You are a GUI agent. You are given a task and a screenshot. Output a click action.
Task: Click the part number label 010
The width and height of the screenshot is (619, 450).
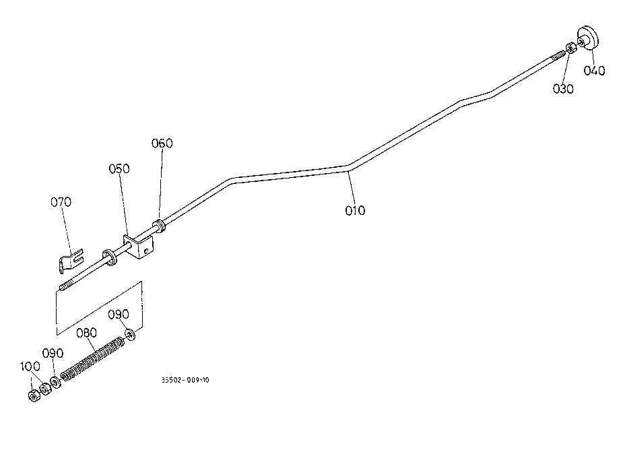click(x=355, y=210)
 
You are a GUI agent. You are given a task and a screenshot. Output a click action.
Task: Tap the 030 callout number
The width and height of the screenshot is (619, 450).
click(x=563, y=89)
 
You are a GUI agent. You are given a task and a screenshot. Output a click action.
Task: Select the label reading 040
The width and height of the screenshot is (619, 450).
click(x=595, y=71)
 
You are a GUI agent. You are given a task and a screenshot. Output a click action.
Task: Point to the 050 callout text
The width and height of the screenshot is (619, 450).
click(x=119, y=168)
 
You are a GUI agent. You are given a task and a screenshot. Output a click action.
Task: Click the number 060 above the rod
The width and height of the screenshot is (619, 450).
click(x=162, y=143)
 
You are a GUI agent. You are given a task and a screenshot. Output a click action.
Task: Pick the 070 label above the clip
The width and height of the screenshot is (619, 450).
click(x=61, y=201)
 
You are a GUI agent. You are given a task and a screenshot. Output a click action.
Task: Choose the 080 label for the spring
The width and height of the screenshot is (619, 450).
click(x=86, y=332)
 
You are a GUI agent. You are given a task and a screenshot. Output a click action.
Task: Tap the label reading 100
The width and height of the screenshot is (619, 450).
click(x=30, y=366)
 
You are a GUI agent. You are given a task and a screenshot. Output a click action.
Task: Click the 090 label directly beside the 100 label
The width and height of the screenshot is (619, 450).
click(x=53, y=353)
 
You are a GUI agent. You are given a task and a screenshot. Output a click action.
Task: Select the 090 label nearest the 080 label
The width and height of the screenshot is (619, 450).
click(x=119, y=314)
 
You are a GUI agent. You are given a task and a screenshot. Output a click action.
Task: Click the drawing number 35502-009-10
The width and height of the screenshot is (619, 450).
click(x=185, y=380)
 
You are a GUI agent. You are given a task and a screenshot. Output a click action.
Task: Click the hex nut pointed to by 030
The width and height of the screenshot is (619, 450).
click(x=569, y=48)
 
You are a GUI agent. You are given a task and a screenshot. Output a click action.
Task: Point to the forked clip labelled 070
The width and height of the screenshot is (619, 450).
click(x=69, y=259)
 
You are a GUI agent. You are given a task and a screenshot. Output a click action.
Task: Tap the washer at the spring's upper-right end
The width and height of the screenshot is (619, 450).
click(x=130, y=333)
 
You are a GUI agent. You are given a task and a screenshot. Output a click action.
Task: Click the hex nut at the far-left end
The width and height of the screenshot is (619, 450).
click(x=33, y=395)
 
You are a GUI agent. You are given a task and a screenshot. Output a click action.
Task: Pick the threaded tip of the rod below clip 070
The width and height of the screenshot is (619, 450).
click(x=65, y=288)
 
